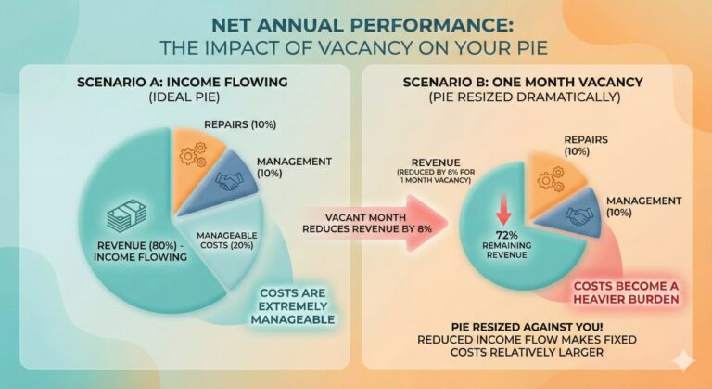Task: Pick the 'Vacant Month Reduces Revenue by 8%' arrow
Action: (371, 224)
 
